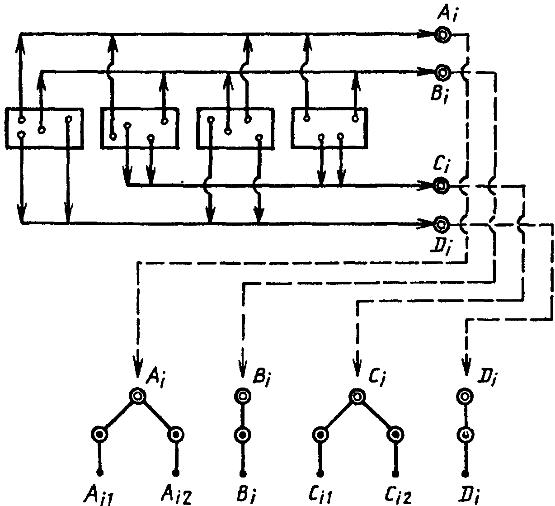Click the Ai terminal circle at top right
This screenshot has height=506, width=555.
click(x=443, y=35)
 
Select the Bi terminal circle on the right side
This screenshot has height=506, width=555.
click(x=442, y=72)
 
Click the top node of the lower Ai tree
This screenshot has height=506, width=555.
click(x=137, y=396)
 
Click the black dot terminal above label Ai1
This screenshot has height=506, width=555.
click(x=100, y=473)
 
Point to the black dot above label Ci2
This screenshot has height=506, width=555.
click(x=395, y=473)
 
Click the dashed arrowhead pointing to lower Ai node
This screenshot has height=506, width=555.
click(x=138, y=368)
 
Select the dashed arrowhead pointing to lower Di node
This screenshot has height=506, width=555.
click(x=466, y=367)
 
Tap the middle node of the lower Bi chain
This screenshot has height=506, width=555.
click(x=243, y=435)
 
